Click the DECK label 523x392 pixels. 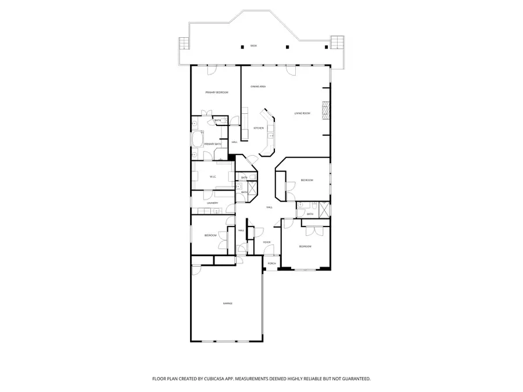(253, 45)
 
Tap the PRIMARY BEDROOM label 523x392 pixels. (216, 93)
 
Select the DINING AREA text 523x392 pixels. (258, 87)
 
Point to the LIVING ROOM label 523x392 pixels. (302, 113)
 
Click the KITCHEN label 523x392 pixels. (259, 128)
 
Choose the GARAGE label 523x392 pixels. (227, 303)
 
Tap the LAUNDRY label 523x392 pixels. (212, 203)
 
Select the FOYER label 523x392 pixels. (267, 242)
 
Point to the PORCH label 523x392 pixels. (271, 263)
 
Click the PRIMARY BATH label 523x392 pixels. (212, 144)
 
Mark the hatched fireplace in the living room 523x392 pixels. (326, 110)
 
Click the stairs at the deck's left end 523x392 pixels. (184, 44)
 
